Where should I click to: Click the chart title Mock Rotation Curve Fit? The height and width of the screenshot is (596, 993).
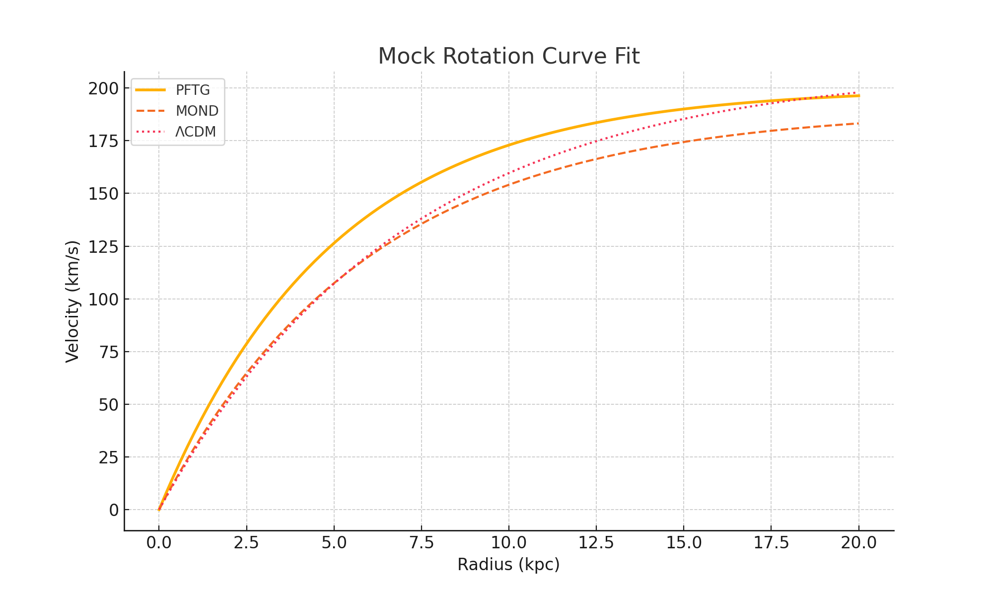click(508, 56)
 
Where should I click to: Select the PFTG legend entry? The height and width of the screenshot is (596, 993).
click(193, 90)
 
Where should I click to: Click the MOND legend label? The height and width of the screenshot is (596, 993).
click(197, 111)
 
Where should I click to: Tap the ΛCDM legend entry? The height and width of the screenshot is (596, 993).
click(196, 132)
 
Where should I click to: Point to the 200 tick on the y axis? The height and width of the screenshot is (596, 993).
click(104, 88)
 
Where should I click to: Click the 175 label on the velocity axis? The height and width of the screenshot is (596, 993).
click(104, 141)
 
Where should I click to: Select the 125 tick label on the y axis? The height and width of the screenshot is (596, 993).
click(104, 246)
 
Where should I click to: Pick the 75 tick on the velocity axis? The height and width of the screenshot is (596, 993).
click(109, 352)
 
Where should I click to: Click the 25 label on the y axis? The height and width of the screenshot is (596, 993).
click(109, 457)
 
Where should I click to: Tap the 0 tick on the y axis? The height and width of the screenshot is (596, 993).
click(114, 510)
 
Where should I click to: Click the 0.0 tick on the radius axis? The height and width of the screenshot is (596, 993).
click(159, 542)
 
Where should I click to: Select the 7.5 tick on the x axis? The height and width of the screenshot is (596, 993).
click(421, 542)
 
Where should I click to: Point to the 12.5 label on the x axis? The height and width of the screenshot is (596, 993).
click(596, 542)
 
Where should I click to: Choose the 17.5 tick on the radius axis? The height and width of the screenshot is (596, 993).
click(771, 542)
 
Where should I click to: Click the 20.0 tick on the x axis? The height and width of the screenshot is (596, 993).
click(858, 542)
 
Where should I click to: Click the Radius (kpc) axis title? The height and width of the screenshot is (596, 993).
click(508, 565)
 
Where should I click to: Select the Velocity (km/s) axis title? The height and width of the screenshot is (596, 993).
click(72, 301)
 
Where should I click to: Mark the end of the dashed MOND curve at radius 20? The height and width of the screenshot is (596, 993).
click(858, 124)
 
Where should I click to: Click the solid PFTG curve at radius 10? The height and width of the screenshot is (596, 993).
click(509, 145)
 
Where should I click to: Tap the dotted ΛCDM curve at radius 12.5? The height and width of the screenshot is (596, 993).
click(596, 141)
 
